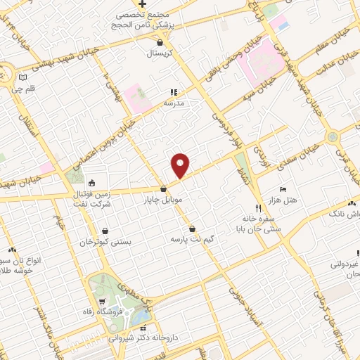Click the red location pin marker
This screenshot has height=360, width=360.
(x=181, y=165)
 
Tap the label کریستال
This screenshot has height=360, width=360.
(x=163, y=53)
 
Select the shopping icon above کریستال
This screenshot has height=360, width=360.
(x=161, y=42)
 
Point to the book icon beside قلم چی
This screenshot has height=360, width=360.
(x=23, y=77)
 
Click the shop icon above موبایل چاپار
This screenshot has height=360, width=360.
(x=163, y=188)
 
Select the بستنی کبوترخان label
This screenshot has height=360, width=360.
(x=105, y=241)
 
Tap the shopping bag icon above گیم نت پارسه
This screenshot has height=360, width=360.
(x=192, y=229)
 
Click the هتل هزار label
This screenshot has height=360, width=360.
(x=283, y=200)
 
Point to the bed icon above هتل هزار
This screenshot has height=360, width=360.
(x=283, y=189)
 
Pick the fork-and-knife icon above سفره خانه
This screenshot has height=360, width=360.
(x=259, y=208)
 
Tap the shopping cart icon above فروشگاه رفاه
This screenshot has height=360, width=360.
(x=103, y=301)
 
